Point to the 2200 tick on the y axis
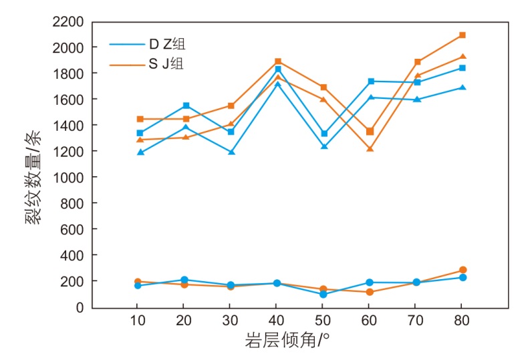69,22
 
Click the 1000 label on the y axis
69,177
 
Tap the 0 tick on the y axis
80,307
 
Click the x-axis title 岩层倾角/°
287,341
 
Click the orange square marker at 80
462,35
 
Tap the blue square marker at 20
186,106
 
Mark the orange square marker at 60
370,132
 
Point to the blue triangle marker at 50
324,146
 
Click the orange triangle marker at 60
370,149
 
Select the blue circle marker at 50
323,295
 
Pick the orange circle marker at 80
462,270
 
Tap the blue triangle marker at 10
140,152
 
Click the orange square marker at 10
140,119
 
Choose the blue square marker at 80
462,68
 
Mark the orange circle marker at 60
370,292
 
